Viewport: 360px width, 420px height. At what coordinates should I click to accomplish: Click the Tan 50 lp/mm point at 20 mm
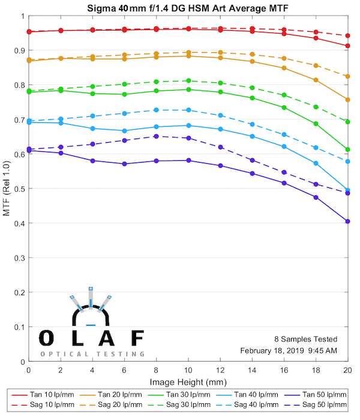(x=347, y=221)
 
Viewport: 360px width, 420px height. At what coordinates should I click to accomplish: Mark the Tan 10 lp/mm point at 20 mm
(x=347, y=46)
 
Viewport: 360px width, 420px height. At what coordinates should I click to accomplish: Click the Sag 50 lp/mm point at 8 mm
(x=156, y=136)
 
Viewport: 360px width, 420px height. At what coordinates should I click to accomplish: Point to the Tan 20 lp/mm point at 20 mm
(x=347, y=100)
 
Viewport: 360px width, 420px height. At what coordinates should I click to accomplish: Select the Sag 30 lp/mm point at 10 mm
(x=188, y=80)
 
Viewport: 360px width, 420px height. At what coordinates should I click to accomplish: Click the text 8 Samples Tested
(x=307, y=339)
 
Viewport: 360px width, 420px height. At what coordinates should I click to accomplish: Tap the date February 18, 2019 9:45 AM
(x=289, y=350)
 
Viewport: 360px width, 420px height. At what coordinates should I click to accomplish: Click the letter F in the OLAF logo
(x=137, y=338)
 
